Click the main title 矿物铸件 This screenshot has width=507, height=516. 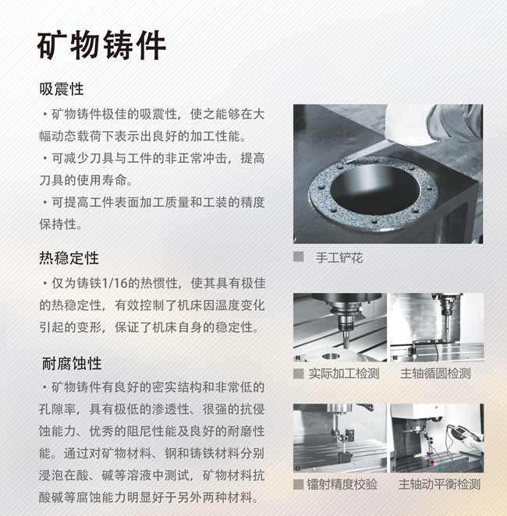point(101,45)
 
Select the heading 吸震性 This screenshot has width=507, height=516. point(62,89)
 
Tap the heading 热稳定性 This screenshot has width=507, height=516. point(69,258)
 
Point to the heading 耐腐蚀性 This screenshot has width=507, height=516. point(72,364)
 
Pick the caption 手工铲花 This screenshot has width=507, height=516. point(339,258)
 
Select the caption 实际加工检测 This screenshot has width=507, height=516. point(344,373)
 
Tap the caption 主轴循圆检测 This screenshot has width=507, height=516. point(435,373)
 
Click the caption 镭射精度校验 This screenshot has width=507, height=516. point(342,484)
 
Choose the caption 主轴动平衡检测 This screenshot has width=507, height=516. point(439,484)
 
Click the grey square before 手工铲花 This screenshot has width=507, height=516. point(299,256)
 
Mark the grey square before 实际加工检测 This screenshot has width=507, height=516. point(299,373)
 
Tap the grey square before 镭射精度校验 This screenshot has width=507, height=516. point(299,484)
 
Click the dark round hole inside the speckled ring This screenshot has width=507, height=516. point(374,189)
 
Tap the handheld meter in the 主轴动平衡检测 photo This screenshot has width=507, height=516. point(461,432)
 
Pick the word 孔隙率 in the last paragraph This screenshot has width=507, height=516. point(58,409)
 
